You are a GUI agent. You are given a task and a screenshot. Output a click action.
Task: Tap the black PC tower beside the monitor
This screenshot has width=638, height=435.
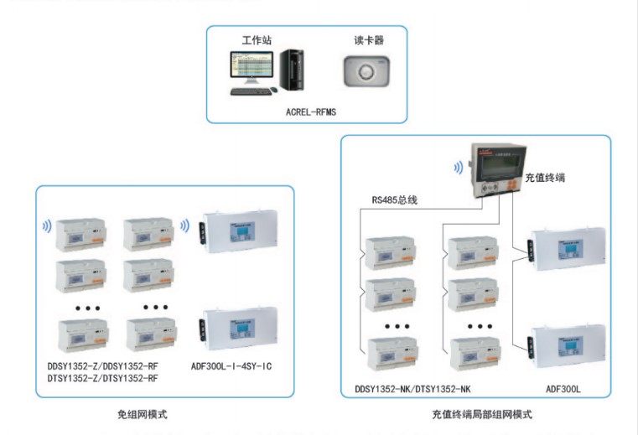coord(293,70)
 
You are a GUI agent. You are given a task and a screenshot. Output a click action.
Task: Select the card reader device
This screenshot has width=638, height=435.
coord(366,72)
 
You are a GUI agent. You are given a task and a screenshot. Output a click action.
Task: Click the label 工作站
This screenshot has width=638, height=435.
coord(256,40)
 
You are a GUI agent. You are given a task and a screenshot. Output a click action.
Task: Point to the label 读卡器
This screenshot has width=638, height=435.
coord(366,40)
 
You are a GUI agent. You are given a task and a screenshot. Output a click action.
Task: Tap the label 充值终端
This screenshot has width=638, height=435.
coord(544,178)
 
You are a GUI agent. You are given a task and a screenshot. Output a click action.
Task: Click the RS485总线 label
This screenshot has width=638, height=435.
coord(395,199)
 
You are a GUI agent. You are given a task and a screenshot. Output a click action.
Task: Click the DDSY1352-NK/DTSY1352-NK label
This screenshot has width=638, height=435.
coord(412,389)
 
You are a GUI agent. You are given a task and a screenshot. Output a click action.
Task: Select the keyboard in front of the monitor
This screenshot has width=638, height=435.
coord(251,91)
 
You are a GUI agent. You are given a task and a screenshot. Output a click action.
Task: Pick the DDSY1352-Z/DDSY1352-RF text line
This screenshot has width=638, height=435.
coord(102,366)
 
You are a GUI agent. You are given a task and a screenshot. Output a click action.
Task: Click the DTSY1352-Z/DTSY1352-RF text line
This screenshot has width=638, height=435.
coord(102,379)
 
